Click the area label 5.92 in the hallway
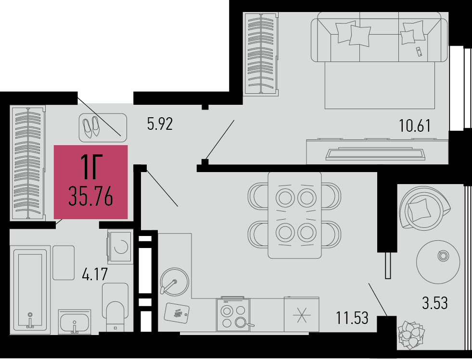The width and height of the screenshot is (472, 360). click(160, 124)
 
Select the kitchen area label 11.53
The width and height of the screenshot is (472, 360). click(352, 318)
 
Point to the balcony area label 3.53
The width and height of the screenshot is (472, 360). click(435, 303)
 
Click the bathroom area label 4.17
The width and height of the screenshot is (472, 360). click(95, 274)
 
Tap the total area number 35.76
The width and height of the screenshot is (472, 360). click(90, 196)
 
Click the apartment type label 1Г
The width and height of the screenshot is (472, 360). click(91, 167)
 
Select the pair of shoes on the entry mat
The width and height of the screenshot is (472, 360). click(91, 127)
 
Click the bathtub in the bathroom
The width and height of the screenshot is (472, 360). click(30, 290)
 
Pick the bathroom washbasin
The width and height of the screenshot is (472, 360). click(75, 322)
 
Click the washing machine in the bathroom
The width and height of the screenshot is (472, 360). click(120, 247)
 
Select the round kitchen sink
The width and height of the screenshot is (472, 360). click(174, 282)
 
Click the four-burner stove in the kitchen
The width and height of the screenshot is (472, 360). click(233, 315)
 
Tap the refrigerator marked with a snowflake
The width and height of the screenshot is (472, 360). click(302, 315)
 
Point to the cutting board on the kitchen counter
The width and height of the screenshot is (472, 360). click(177, 312)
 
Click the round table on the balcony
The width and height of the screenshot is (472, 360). click(438, 261)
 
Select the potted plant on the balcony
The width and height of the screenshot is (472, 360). click(411, 335)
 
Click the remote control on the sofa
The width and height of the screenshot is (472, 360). click(419, 52)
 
